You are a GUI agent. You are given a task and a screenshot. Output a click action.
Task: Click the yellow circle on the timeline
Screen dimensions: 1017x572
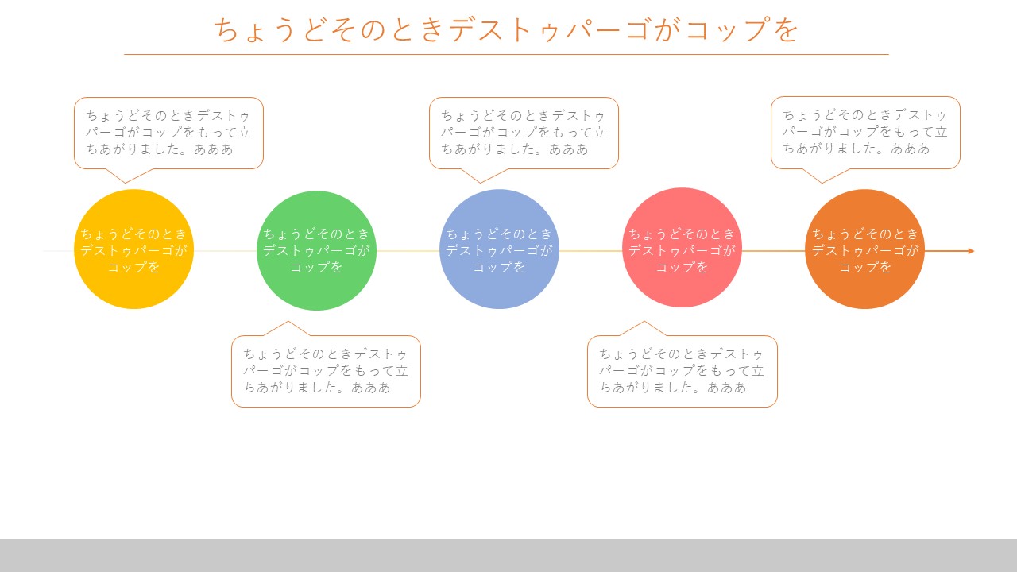[x=134, y=249]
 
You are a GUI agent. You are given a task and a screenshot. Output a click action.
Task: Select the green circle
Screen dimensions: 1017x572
[x=316, y=250]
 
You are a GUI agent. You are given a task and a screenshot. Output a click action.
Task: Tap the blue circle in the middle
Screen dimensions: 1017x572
[x=500, y=249]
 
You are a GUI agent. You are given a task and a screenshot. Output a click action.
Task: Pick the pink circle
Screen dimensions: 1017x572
[x=682, y=248]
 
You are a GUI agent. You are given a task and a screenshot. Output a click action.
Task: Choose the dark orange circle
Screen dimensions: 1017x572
[x=865, y=249]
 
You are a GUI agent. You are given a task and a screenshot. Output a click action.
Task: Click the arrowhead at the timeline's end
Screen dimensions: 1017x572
[x=971, y=251]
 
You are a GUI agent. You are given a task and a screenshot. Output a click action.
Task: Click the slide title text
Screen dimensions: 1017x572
[x=506, y=30]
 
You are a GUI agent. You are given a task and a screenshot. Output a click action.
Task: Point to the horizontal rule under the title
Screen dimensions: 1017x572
[x=506, y=55]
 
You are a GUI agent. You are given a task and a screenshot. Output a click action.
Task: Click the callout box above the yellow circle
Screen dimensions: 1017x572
[x=168, y=133]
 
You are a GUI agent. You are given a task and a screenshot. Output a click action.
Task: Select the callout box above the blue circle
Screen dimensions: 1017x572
[x=524, y=133]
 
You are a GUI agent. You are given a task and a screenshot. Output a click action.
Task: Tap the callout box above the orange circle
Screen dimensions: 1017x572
[x=865, y=133]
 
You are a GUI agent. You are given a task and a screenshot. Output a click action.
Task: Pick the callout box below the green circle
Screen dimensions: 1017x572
[x=326, y=371]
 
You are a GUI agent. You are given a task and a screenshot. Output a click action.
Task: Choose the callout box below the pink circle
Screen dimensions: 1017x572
[x=683, y=371]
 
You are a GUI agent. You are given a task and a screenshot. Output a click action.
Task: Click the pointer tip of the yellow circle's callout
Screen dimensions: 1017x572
[x=126, y=183]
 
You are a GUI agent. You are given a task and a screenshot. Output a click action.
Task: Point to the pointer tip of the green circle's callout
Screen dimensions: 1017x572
[x=288, y=322]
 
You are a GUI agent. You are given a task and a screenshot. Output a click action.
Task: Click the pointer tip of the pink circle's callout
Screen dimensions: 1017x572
[x=644, y=322]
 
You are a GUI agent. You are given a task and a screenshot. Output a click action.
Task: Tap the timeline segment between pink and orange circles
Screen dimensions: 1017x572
[x=773, y=251]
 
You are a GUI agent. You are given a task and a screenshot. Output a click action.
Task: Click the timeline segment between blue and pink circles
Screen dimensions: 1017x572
[x=590, y=251]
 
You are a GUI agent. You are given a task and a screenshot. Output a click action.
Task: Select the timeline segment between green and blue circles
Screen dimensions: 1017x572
[x=408, y=251]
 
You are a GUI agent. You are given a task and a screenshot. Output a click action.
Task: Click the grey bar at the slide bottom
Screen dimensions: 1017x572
[x=508, y=555]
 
